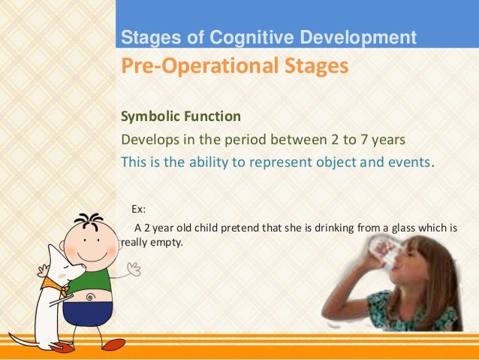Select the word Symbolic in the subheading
click(149, 116)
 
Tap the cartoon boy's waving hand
click(134, 268)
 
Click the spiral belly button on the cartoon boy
click(90, 297)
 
